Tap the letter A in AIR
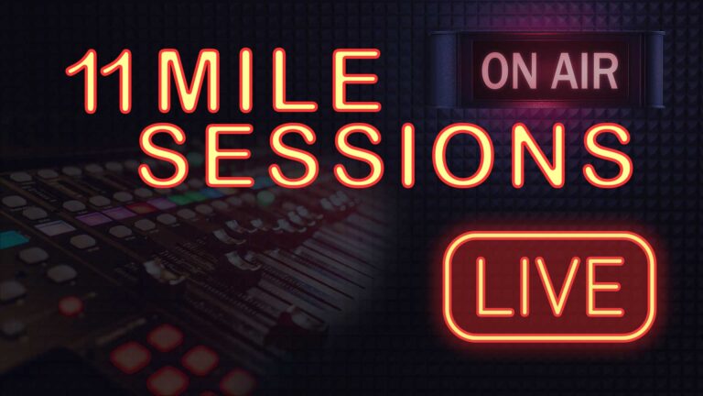pyautogui.click(x=559, y=72)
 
